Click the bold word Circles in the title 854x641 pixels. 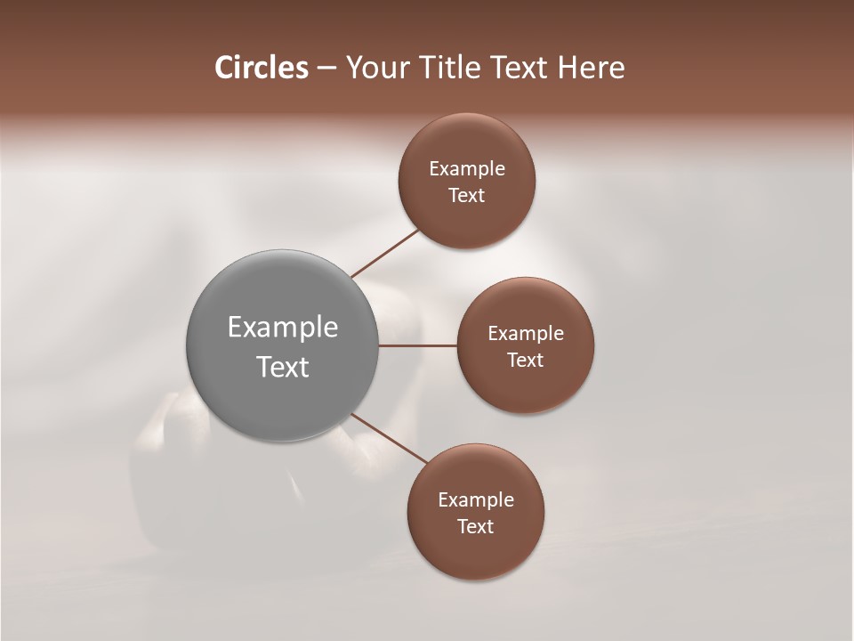[x=261, y=68]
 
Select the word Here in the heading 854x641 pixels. [x=592, y=68]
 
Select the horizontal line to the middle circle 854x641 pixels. [x=417, y=345]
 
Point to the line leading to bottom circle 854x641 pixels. [x=391, y=440]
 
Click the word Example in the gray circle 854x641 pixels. [x=283, y=328]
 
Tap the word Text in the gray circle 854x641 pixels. [x=283, y=367]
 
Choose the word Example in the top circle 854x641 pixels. [x=467, y=168]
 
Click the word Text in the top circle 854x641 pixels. [x=467, y=195]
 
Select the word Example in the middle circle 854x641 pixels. [x=526, y=333]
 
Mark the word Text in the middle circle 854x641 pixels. [x=526, y=360]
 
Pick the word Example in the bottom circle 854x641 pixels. [x=476, y=499]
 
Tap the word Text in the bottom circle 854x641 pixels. [x=476, y=526]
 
